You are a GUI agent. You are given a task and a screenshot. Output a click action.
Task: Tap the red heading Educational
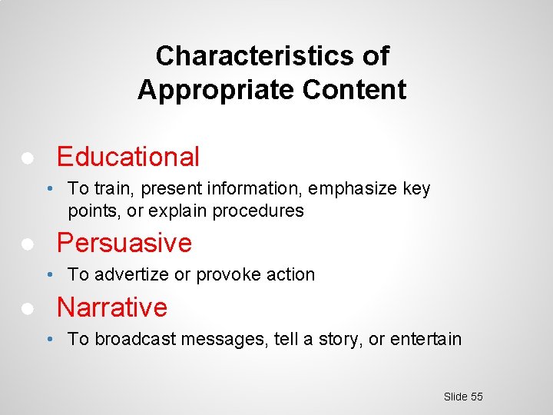pyautogui.click(x=128, y=157)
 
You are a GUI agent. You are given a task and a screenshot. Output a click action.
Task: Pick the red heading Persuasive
pyautogui.click(x=124, y=243)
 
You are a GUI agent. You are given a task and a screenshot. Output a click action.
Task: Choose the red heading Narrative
pyautogui.click(x=112, y=307)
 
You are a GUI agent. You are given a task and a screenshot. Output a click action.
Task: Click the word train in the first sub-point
pyautogui.click(x=109, y=189)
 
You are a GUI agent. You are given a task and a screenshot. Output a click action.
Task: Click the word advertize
pyautogui.click(x=127, y=275)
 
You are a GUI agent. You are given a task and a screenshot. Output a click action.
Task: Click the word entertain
pyautogui.click(x=426, y=339)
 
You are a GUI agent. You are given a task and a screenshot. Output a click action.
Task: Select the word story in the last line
pyautogui.click(x=340, y=339)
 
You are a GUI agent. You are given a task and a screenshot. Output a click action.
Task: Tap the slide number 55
pyautogui.click(x=476, y=397)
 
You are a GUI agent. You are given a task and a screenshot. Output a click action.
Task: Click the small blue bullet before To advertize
pyautogui.click(x=48, y=275)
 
